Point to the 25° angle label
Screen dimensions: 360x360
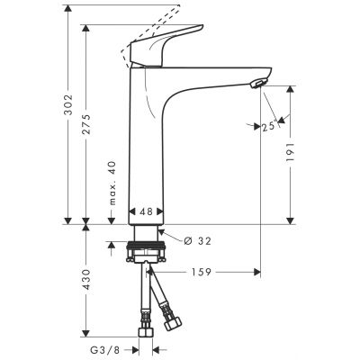[267, 125]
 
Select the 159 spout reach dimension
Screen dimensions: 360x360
[202, 271]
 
